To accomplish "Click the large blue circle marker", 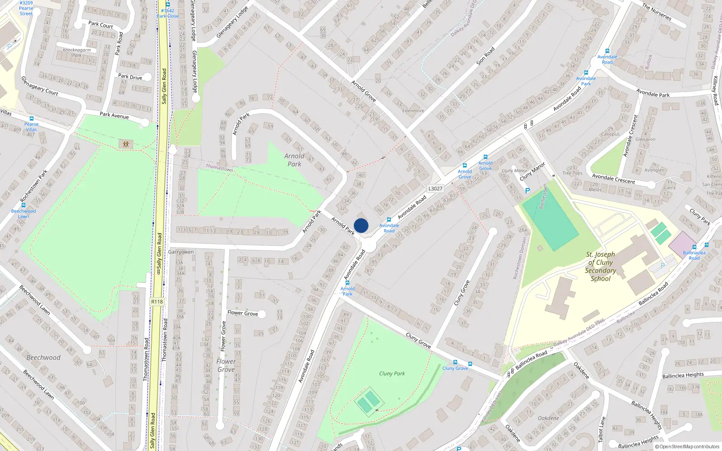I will coord(361,225).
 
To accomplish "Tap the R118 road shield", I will coord(157,302).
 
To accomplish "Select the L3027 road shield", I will coord(435,189).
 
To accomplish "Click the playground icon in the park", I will coord(126,144).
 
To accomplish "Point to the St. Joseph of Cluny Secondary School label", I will coord(600,267).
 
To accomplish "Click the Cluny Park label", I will coord(392,373).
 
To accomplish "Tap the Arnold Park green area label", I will coord(294,160).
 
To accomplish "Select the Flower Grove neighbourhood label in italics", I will coord(226,365).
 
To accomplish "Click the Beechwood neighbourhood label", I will coord(43,358).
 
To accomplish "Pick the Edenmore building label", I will coord(413,110).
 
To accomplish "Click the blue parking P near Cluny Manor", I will coord(528,191).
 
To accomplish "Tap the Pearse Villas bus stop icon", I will coord(31,119).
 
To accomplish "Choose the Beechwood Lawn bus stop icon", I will coord(23,205).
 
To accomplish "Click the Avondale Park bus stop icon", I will coord(586,73).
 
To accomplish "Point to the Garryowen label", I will coord(181,252).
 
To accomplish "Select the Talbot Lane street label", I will coord(601,429).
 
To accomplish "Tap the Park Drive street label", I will coord(130,77).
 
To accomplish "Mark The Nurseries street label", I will coord(657,12).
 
